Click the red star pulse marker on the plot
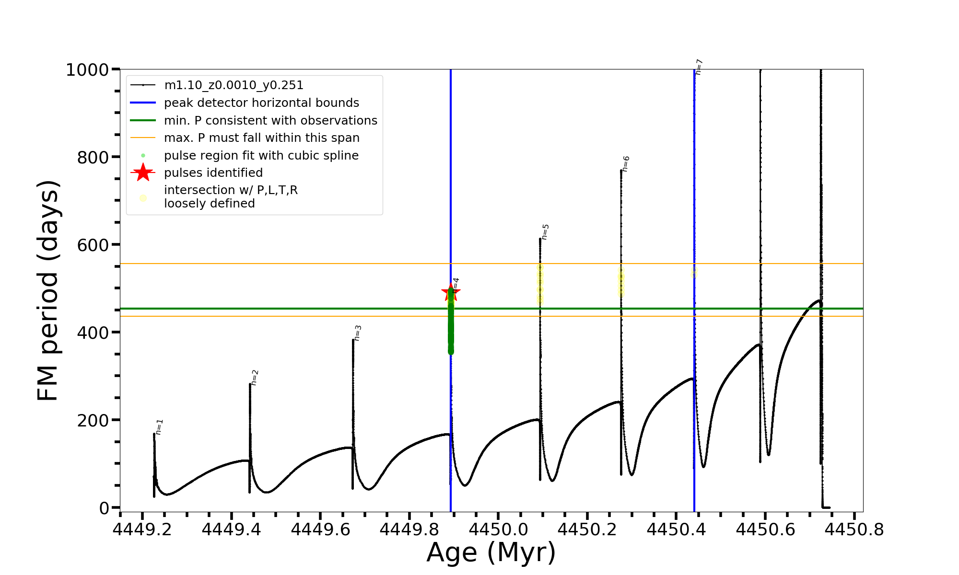click(x=450, y=292)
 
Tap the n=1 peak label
click(x=160, y=426)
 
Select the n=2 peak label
click(x=255, y=378)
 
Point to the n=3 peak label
click(x=358, y=333)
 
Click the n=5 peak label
click(x=545, y=232)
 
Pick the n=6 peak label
click(x=626, y=164)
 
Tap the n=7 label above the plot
click(x=699, y=67)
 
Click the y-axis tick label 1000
click(x=87, y=70)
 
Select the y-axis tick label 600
click(x=93, y=245)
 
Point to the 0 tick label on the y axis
click(x=104, y=508)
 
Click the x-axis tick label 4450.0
click(x=498, y=529)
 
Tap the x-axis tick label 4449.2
click(x=142, y=529)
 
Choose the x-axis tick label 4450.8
click(x=854, y=529)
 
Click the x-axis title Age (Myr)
click(x=491, y=552)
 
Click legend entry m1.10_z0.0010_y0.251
click(x=234, y=85)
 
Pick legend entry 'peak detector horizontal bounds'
click(x=261, y=103)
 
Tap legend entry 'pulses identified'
click(x=213, y=172)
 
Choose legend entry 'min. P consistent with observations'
click(x=270, y=120)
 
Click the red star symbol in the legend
click(x=143, y=172)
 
